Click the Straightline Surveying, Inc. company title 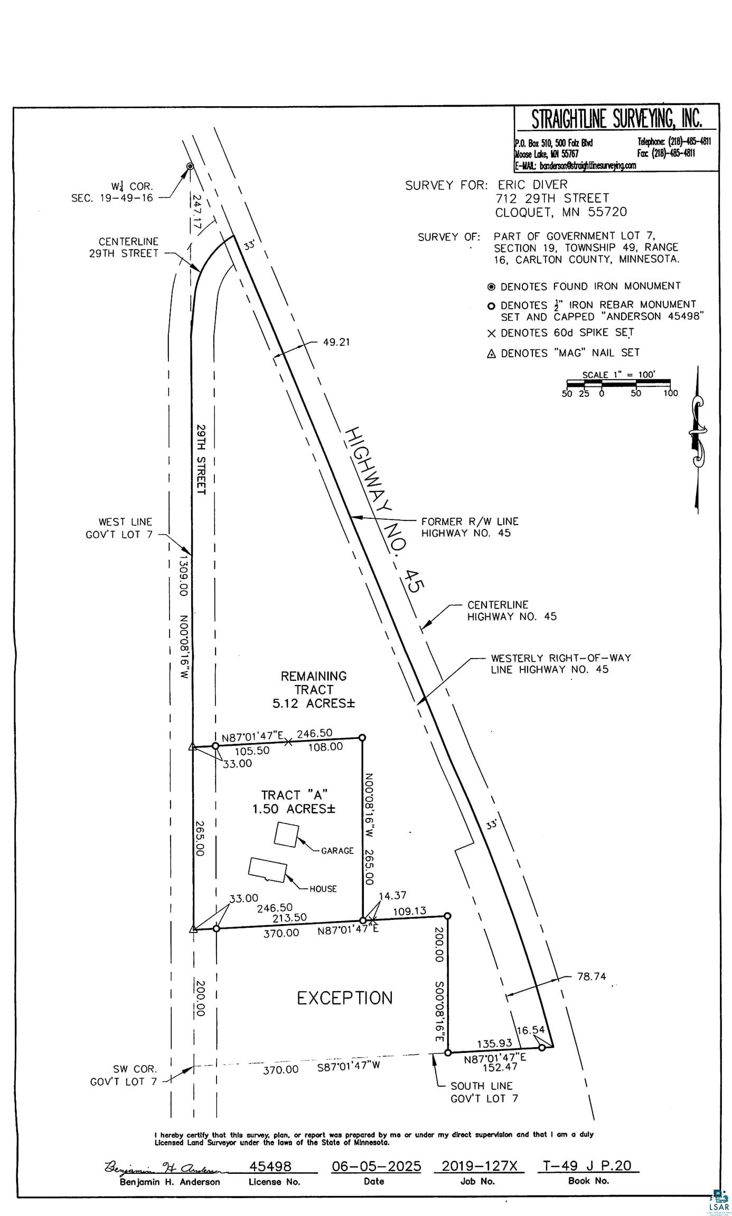(x=616, y=119)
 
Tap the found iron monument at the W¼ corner (x=190, y=167)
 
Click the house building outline (x=268, y=869)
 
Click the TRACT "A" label (x=295, y=794)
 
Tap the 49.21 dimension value (x=336, y=342)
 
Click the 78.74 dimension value (x=592, y=976)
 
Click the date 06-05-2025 (x=376, y=1165)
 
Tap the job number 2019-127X (x=479, y=1165)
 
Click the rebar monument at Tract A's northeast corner (x=362, y=737)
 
